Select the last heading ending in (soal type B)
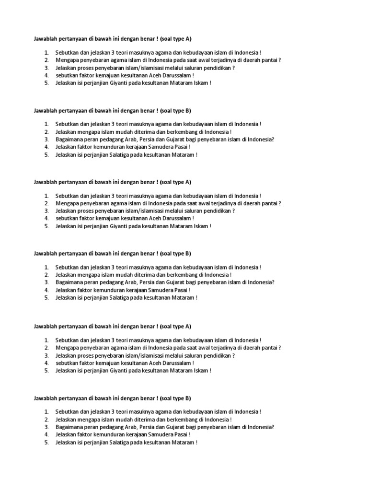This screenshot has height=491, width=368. click(112, 398)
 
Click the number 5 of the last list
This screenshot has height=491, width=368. click(47, 442)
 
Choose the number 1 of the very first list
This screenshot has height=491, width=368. click(47, 52)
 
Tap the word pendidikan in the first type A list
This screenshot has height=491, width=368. click(219, 68)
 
